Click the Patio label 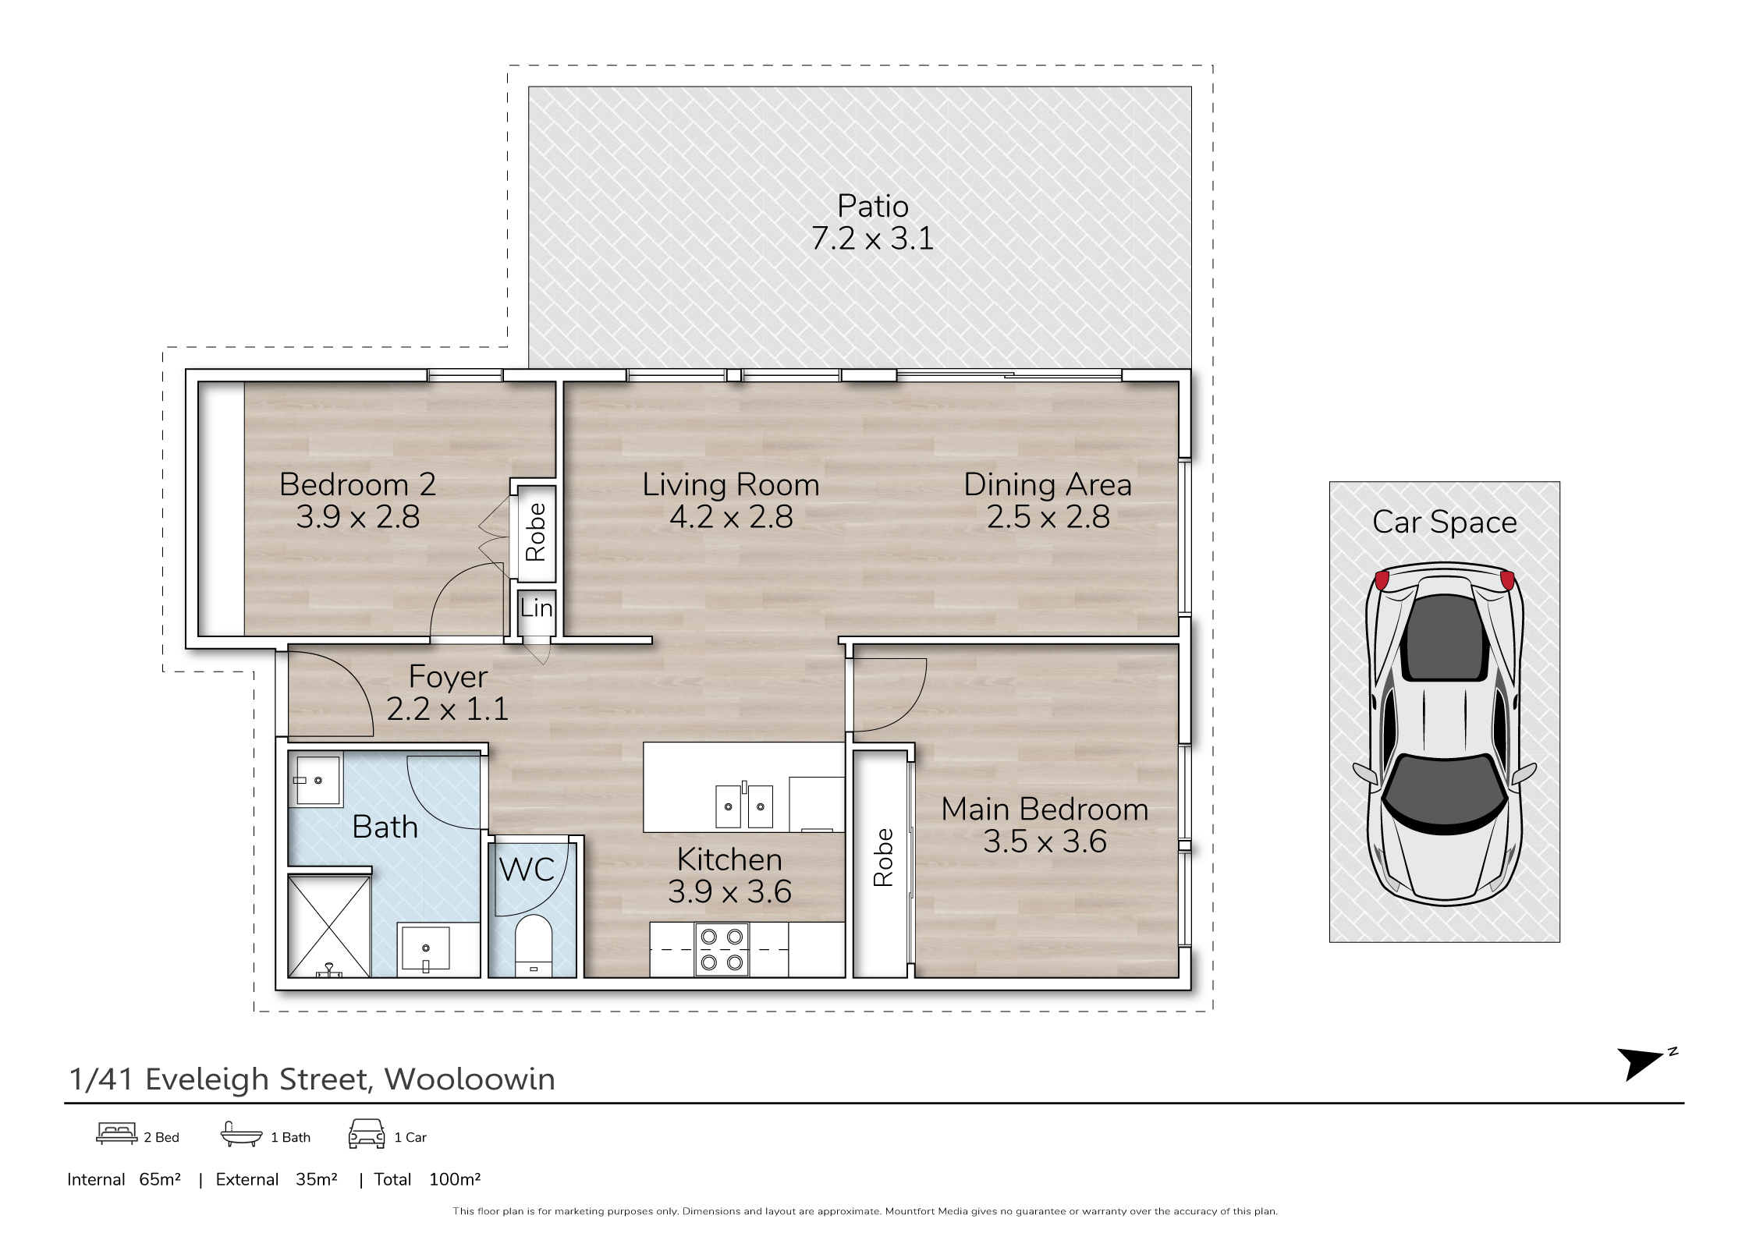873,206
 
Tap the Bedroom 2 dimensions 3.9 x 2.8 358,516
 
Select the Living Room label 731,485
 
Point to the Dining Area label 1048,485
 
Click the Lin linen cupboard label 537,608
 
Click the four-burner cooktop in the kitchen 722,949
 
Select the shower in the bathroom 329,926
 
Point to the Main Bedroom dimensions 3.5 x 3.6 1045,841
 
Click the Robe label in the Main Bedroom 883,857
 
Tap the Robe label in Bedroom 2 535,532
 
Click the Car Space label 1445,523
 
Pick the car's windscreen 1445,792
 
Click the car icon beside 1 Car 367,1134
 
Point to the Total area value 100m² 455,1179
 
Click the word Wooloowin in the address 470,1079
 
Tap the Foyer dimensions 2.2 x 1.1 448,709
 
